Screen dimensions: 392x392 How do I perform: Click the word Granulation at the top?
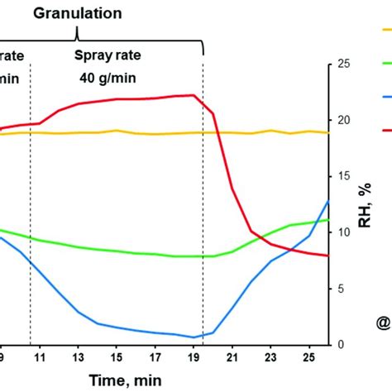(78, 14)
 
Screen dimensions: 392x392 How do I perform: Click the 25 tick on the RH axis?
(340, 64)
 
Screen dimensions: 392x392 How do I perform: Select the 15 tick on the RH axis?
(340, 176)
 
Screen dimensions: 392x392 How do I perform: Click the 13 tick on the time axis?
(78, 357)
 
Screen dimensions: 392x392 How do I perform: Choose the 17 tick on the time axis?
(155, 357)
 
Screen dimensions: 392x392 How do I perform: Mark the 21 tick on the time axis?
(232, 357)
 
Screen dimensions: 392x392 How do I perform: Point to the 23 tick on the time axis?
(271, 357)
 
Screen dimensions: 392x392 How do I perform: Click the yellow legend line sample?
(385, 31)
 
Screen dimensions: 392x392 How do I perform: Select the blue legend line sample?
(385, 97)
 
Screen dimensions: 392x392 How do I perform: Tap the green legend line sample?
(385, 64)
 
